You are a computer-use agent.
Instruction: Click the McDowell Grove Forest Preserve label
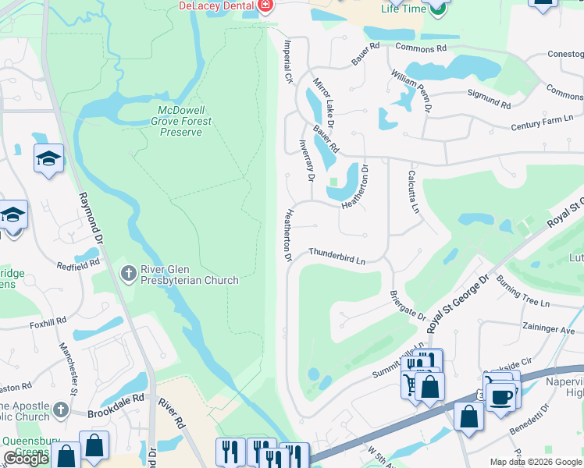pyautogui.click(x=181, y=121)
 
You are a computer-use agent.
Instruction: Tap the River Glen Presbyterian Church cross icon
pyautogui.click(x=129, y=274)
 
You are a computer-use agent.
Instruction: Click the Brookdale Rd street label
pyautogui.click(x=116, y=397)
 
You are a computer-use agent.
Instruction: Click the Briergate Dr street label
pyautogui.click(x=408, y=307)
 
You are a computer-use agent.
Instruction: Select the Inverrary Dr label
pyautogui.click(x=306, y=160)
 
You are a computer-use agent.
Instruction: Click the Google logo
pyautogui.click(x=27, y=459)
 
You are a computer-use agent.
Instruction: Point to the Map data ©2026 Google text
pyautogui.click(x=535, y=462)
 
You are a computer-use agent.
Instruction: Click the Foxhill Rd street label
pyautogui.click(x=50, y=324)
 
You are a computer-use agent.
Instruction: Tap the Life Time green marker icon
pyautogui.click(x=439, y=10)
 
